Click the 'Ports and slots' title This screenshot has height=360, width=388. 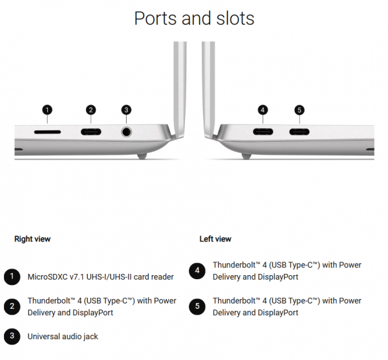point(194,19)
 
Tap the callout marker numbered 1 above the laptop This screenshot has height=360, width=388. point(47,110)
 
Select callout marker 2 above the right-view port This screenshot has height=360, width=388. point(91,110)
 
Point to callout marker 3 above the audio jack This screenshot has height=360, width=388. point(126,110)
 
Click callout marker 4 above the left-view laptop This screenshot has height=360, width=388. point(263,110)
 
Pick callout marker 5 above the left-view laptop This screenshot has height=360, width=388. point(299,110)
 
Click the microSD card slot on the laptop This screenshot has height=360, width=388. point(47,132)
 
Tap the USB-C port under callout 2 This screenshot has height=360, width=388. point(91,131)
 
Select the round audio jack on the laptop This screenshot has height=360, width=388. point(127,132)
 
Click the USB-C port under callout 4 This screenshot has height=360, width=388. point(263,131)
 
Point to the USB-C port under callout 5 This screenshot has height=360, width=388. point(299,131)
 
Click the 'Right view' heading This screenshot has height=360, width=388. point(32,239)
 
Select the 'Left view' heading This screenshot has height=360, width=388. point(215,239)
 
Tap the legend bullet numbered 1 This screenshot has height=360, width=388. point(12,276)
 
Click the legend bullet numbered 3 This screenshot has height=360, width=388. point(12,336)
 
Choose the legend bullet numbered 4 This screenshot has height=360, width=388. point(197,271)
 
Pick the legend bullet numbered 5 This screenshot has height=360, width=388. point(197,306)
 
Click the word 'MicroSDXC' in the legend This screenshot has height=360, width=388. point(47,276)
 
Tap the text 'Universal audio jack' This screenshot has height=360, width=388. point(63,337)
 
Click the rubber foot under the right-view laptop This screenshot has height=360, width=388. point(142,156)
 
